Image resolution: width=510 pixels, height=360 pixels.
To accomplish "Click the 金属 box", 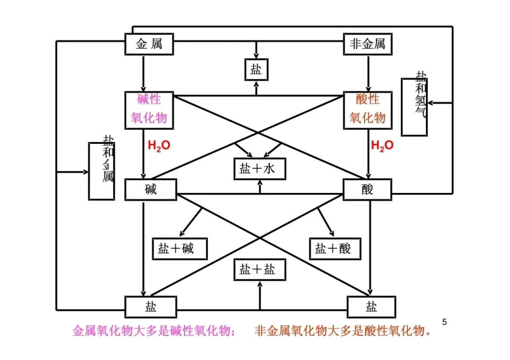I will point(149,45).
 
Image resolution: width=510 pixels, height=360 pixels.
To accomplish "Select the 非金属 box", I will point(367,45).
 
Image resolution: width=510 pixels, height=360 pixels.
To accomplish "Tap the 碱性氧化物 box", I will point(149,109).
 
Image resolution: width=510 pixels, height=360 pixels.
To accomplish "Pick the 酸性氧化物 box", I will point(367,109).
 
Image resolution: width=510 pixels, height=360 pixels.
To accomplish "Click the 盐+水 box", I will point(259,168).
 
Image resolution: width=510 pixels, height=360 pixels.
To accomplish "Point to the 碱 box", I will point(151,190).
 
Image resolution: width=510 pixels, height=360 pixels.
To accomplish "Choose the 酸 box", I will point(367,190).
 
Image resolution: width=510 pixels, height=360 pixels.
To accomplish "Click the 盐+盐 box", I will point(259,270).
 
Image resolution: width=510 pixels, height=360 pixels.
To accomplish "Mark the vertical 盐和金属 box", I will point(102,171).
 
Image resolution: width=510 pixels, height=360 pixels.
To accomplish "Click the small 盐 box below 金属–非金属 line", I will point(256,70).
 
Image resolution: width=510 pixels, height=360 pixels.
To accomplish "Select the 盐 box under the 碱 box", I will point(151,307).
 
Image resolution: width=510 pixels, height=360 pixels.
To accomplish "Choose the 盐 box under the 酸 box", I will point(371,307).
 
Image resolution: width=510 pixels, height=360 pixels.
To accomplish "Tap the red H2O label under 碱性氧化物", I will point(159,145).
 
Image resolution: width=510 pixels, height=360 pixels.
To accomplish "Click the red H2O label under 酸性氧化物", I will point(382,145).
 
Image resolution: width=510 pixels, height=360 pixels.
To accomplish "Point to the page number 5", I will point(444,322).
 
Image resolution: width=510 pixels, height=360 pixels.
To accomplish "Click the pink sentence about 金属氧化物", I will point(154,331).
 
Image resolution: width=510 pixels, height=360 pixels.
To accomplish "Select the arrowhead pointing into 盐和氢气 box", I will point(431,102).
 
